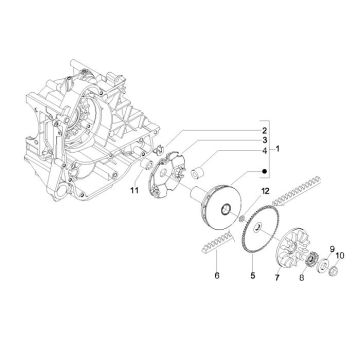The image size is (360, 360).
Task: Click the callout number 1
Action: click(x=277, y=149)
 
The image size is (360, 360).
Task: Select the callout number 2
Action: click(x=264, y=130)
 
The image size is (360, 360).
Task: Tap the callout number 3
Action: click(x=264, y=140)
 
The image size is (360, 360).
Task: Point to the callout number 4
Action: click(x=264, y=151)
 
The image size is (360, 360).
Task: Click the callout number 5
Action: click(x=253, y=275)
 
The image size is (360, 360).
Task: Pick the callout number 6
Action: click(x=217, y=276)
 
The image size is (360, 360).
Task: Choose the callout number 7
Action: click(x=277, y=277)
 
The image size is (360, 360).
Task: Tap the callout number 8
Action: click(x=302, y=277)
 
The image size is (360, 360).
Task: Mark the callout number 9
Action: click(x=332, y=249)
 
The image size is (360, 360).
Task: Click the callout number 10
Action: click(x=340, y=256)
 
